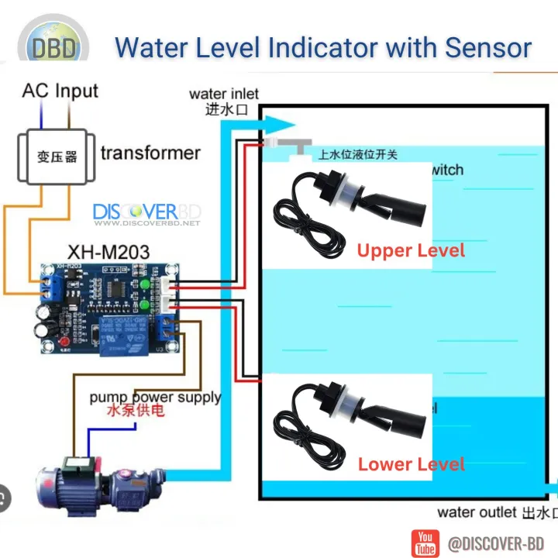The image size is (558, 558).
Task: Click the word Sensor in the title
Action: click(x=488, y=47)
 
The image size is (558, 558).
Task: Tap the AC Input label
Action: click(x=60, y=91)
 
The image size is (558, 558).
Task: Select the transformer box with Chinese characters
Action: click(x=57, y=157)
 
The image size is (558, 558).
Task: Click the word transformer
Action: click(x=150, y=153)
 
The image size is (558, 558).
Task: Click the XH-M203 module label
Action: click(x=108, y=252)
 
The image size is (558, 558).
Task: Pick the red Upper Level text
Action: click(x=411, y=250)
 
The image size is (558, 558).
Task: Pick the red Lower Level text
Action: click(x=411, y=464)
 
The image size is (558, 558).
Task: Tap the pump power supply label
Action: click(x=155, y=398)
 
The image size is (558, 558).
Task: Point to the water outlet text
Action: click(x=476, y=512)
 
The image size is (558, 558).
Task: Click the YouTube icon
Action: click(x=425, y=542)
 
